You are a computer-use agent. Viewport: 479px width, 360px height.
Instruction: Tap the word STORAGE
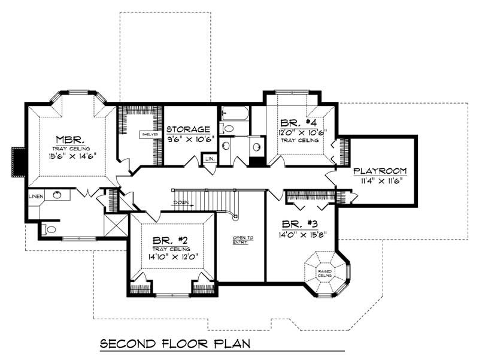[188, 129]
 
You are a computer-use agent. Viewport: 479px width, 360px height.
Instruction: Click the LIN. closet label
[210, 159]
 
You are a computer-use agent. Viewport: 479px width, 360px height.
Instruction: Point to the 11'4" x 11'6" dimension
[380, 179]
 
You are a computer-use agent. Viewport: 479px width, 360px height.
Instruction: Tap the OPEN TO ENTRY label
[242, 240]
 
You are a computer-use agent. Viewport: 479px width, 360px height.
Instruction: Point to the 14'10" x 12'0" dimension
[171, 258]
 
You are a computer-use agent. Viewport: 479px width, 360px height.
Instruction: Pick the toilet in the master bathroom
[50, 229]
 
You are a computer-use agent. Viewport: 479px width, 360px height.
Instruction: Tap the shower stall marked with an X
[115, 225]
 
